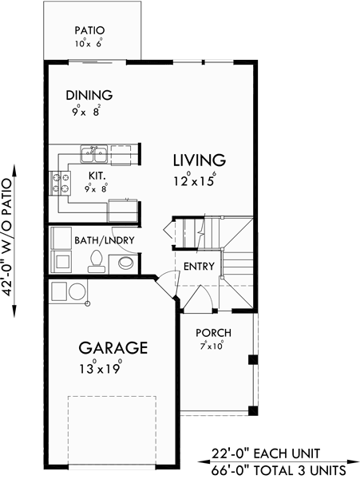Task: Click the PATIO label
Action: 90,31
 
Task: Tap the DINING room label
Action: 89,95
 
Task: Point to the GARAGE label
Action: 113,349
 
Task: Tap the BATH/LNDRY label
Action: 105,239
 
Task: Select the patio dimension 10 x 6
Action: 90,45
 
